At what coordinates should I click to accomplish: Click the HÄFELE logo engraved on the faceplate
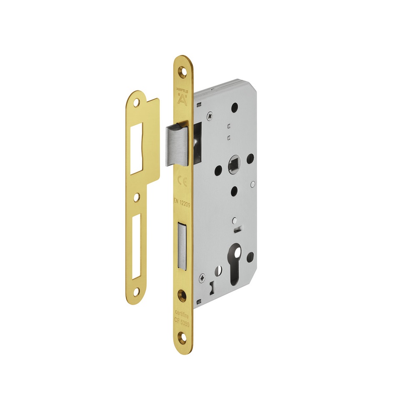182,95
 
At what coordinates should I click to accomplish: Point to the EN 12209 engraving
182,202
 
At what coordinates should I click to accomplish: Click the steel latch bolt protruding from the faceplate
175,144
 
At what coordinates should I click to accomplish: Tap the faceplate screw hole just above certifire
182,295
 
